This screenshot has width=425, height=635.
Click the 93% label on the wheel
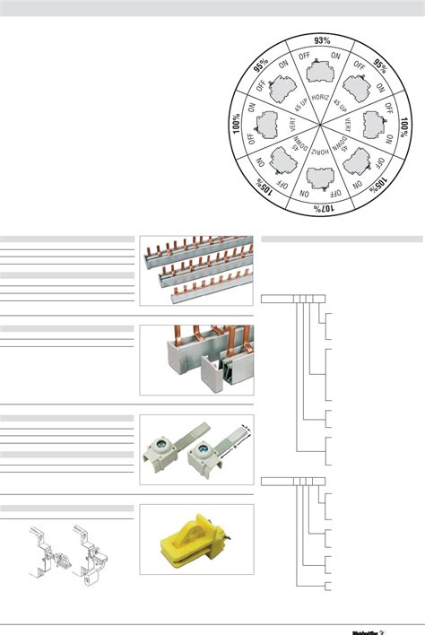(322, 40)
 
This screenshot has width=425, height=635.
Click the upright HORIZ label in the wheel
(321, 100)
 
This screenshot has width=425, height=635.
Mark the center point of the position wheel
(321, 125)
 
